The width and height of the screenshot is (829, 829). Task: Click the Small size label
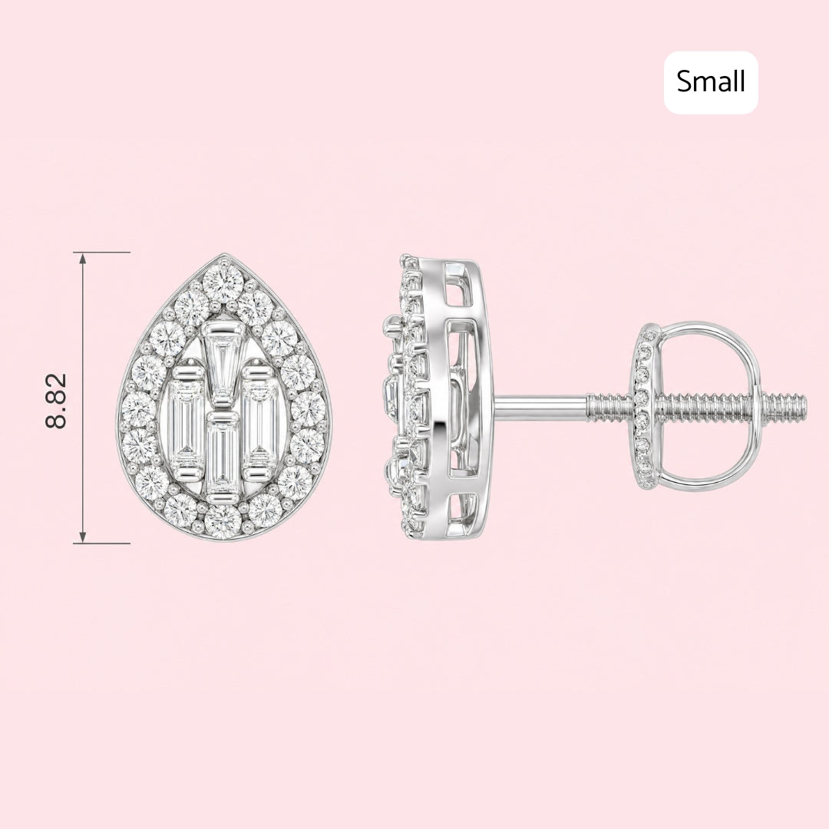(x=711, y=82)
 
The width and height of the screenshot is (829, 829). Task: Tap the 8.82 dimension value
(x=57, y=400)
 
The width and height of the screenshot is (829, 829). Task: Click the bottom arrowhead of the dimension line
(x=82, y=537)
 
